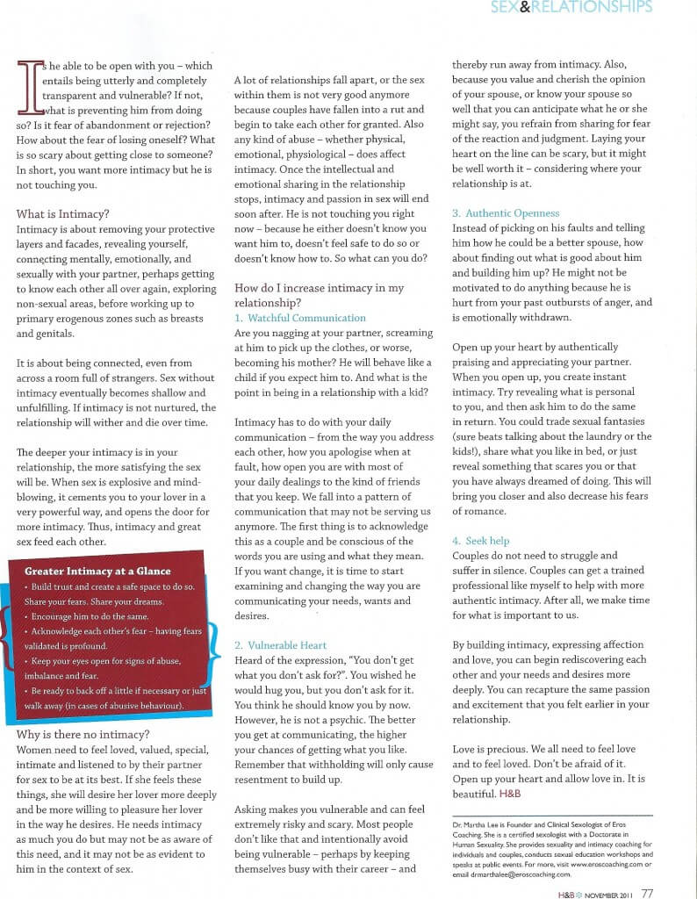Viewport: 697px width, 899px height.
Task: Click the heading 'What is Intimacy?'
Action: (62, 213)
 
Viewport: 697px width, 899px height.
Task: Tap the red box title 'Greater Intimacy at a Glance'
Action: (97, 572)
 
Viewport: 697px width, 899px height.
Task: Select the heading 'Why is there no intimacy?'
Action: (83, 734)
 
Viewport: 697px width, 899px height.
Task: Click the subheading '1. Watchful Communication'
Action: (300, 318)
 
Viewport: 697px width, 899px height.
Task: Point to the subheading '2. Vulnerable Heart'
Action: (280, 645)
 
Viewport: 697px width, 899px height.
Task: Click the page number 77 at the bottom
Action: (647, 894)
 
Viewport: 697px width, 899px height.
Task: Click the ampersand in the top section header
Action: (521, 8)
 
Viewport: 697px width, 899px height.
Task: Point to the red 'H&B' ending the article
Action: (510, 794)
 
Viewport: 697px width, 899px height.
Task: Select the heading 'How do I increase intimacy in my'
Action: (319, 288)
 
